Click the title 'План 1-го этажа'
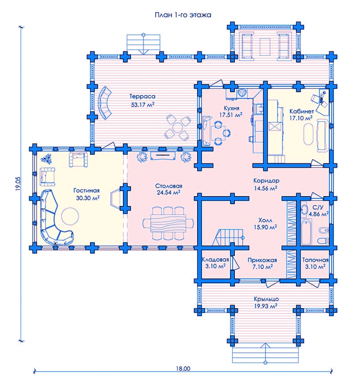[183, 15]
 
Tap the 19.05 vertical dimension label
[19, 184]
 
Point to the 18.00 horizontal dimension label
[183, 368]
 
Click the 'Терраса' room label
[142, 96]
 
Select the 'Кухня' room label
[231, 108]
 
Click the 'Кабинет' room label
[301, 111]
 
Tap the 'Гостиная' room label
[87, 190]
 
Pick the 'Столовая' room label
[169, 186]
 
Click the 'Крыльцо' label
[266, 299]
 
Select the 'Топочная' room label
[315, 260]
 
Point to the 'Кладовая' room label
[215, 260]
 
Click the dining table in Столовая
[168, 224]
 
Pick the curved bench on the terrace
[104, 103]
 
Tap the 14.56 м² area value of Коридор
[266, 188]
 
